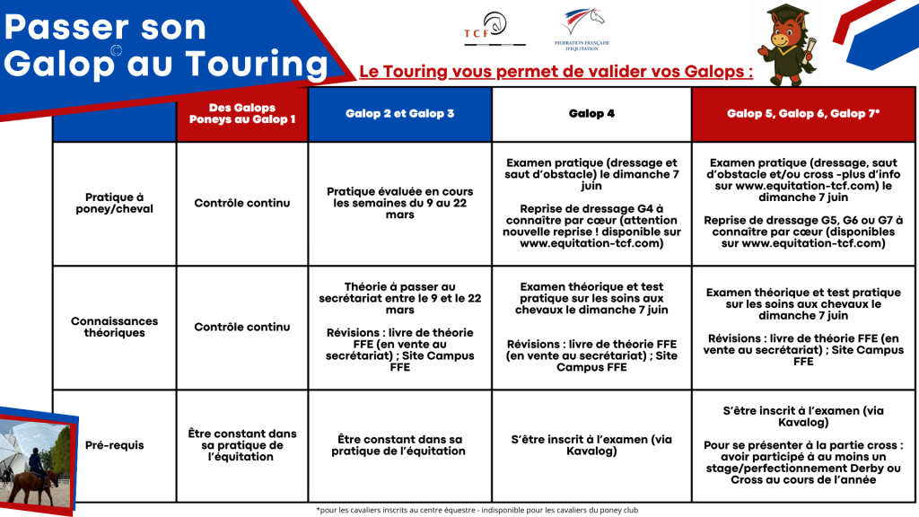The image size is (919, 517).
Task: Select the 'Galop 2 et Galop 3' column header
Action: tap(399, 114)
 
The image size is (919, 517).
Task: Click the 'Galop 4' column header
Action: tap(591, 114)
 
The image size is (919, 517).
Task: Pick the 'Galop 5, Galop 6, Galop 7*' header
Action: tap(803, 114)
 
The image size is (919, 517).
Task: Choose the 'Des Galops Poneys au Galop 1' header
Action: tap(241, 114)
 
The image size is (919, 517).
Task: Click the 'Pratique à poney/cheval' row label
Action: tap(114, 203)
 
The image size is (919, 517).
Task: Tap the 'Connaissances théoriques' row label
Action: tap(114, 327)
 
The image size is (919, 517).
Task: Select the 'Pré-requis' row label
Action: tap(114, 445)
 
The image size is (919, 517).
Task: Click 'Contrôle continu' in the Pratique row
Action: tap(241, 203)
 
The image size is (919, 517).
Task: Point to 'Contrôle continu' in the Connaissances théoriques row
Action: tap(241, 327)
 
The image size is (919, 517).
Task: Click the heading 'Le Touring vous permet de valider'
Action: tap(556, 72)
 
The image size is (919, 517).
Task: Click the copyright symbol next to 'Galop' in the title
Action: tap(116, 51)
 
